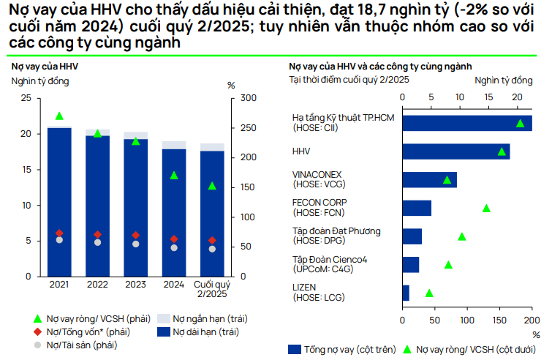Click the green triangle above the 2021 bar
click(59, 116)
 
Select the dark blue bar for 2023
click(135, 209)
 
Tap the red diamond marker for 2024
click(173, 239)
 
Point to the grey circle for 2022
click(97, 242)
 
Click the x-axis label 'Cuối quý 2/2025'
click(211, 288)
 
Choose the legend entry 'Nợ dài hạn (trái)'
click(194, 332)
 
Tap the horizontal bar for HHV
click(455, 151)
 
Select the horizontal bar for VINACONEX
click(429, 180)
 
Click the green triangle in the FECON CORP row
click(486, 209)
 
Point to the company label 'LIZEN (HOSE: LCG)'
click(317, 293)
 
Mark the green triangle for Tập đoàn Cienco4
click(448, 265)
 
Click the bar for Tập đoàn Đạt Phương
click(412, 236)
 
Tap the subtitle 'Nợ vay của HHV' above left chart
click(45, 67)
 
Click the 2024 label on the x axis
click(173, 284)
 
